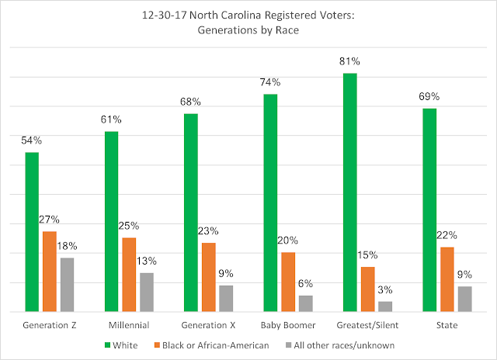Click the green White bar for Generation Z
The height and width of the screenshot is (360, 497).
point(32,231)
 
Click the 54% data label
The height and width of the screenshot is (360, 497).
point(32,141)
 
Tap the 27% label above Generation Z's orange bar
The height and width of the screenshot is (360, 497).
point(50,220)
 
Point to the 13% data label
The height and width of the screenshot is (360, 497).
point(147,261)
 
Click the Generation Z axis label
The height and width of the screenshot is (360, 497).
point(50,324)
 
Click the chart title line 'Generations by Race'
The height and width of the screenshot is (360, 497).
point(248,33)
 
